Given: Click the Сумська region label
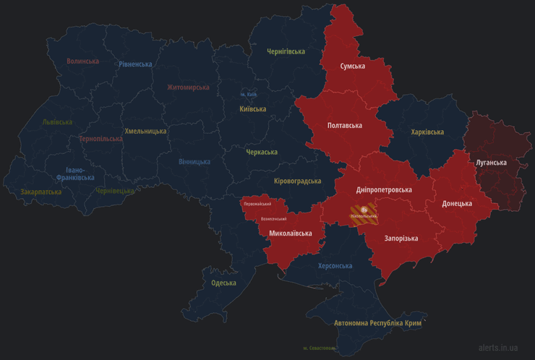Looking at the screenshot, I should click(353, 66).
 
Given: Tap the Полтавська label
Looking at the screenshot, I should click(345, 125).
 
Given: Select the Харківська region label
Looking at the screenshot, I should click(427, 132).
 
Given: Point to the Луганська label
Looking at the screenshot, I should click(491, 163).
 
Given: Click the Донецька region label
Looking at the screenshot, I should click(457, 203).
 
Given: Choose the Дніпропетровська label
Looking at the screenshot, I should click(384, 189).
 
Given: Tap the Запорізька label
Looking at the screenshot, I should click(401, 238).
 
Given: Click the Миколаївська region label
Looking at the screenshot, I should click(290, 233).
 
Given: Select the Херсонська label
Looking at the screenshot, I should click(335, 265).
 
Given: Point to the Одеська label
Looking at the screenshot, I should click(223, 283).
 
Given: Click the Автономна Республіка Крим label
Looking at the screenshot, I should click(377, 322).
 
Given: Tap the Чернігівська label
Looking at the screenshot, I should click(286, 51).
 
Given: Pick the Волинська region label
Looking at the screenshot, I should click(82, 61).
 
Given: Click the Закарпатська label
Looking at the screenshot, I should click(41, 192).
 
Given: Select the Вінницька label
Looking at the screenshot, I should click(194, 161).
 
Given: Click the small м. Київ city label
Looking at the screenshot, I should click(248, 94).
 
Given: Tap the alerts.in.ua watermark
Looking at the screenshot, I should click(497, 348).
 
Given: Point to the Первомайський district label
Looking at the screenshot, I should click(257, 204).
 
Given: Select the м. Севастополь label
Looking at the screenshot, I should click(320, 348).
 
